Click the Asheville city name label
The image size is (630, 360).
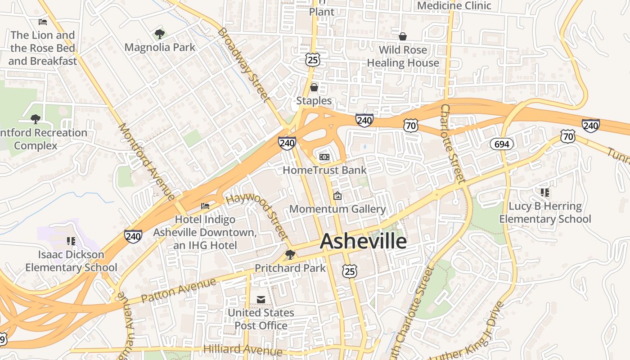363,242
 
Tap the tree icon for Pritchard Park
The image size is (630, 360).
290,255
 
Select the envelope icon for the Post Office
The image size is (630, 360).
261,300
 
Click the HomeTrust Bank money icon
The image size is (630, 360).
324,157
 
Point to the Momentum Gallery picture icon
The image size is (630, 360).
337,196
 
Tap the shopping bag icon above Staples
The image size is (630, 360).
314,87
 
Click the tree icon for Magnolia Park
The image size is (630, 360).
159,34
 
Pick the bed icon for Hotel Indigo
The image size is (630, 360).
205,206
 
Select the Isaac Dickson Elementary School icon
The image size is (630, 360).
71,241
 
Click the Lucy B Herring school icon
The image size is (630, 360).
545,193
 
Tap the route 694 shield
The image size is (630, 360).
502,144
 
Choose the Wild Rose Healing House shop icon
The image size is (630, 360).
403,36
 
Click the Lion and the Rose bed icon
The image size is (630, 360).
43,22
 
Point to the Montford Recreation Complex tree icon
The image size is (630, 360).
36,119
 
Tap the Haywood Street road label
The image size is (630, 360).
258,216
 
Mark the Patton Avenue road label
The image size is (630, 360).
179,290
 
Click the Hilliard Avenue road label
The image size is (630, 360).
243,350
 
